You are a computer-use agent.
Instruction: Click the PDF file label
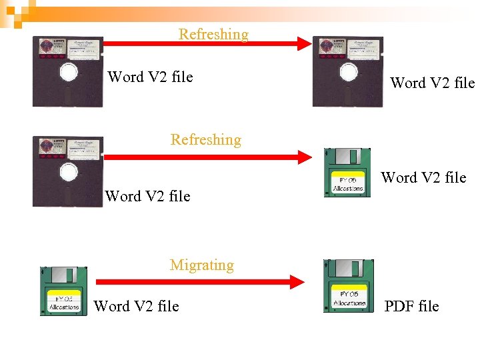(x=411, y=306)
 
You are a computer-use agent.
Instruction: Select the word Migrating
(x=202, y=265)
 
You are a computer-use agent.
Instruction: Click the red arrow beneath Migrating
(x=200, y=283)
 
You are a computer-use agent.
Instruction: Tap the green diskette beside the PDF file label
(x=348, y=286)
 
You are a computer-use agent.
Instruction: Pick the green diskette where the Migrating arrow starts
(x=64, y=291)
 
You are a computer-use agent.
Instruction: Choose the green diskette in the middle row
(x=347, y=172)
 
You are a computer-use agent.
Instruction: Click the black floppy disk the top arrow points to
(x=348, y=71)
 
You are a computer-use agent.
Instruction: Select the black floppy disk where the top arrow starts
(x=68, y=71)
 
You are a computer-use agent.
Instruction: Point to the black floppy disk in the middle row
(x=68, y=171)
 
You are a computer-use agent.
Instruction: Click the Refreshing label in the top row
(x=213, y=34)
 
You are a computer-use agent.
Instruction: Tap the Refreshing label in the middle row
(x=206, y=139)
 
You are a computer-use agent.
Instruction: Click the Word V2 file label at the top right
(x=432, y=83)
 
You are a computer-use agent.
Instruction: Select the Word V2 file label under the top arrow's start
(x=151, y=77)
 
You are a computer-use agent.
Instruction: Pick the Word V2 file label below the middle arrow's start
(x=147, y=196)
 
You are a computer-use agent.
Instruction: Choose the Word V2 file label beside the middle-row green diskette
(x=423, y=177)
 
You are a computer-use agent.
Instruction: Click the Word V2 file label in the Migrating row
(x=137, y=306)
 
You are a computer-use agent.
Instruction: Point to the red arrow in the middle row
(x=207, y=158)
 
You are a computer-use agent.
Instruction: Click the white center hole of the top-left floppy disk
(x=69, y=73)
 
